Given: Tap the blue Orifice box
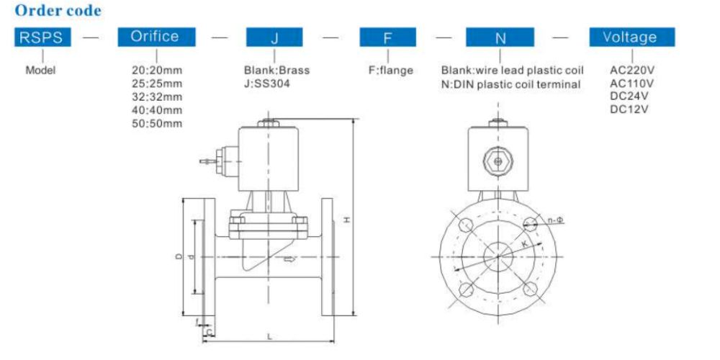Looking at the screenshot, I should [x=154, y=37].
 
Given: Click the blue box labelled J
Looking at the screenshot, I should [x=274, y=37].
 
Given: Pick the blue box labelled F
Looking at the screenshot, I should [x=388, y=37].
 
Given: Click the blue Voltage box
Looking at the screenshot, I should [x=631, y=37].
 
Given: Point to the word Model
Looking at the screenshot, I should [x=40, y=71].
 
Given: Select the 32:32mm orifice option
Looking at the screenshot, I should [x=157, y=96].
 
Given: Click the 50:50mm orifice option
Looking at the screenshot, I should [x=157, y=123].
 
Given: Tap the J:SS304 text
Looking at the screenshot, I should [x=267, y=84].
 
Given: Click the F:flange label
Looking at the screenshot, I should [x=390, y=71].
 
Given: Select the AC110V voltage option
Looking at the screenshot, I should [x=631, y=84].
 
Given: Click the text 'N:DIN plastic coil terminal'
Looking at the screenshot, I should [x=510, y=84].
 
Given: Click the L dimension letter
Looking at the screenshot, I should [x=269, y=336].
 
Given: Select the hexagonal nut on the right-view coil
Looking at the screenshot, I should [x=496, y=160].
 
